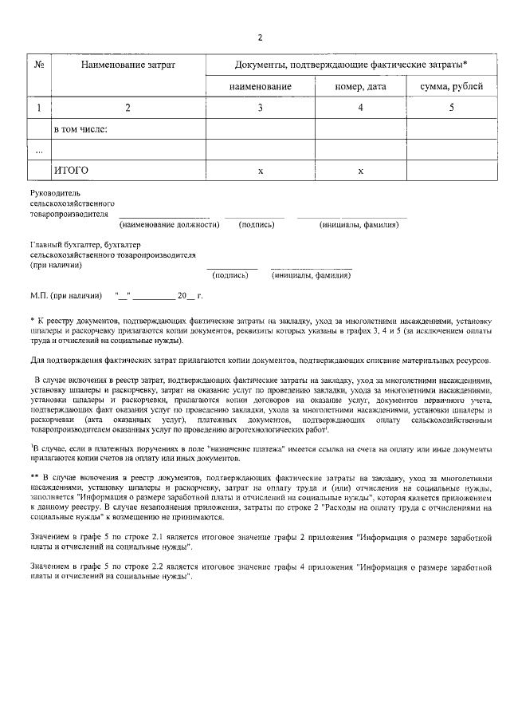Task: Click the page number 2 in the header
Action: (x=260, y=37)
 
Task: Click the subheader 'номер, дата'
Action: (x=360, y=86)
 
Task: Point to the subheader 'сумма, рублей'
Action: (x=445, y=86)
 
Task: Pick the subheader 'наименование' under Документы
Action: (x=261, y=86)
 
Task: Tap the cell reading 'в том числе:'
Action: (x=80, y=128)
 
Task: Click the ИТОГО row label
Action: (x=70, y=171)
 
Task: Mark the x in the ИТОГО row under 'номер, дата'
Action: (x=360, y=172)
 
